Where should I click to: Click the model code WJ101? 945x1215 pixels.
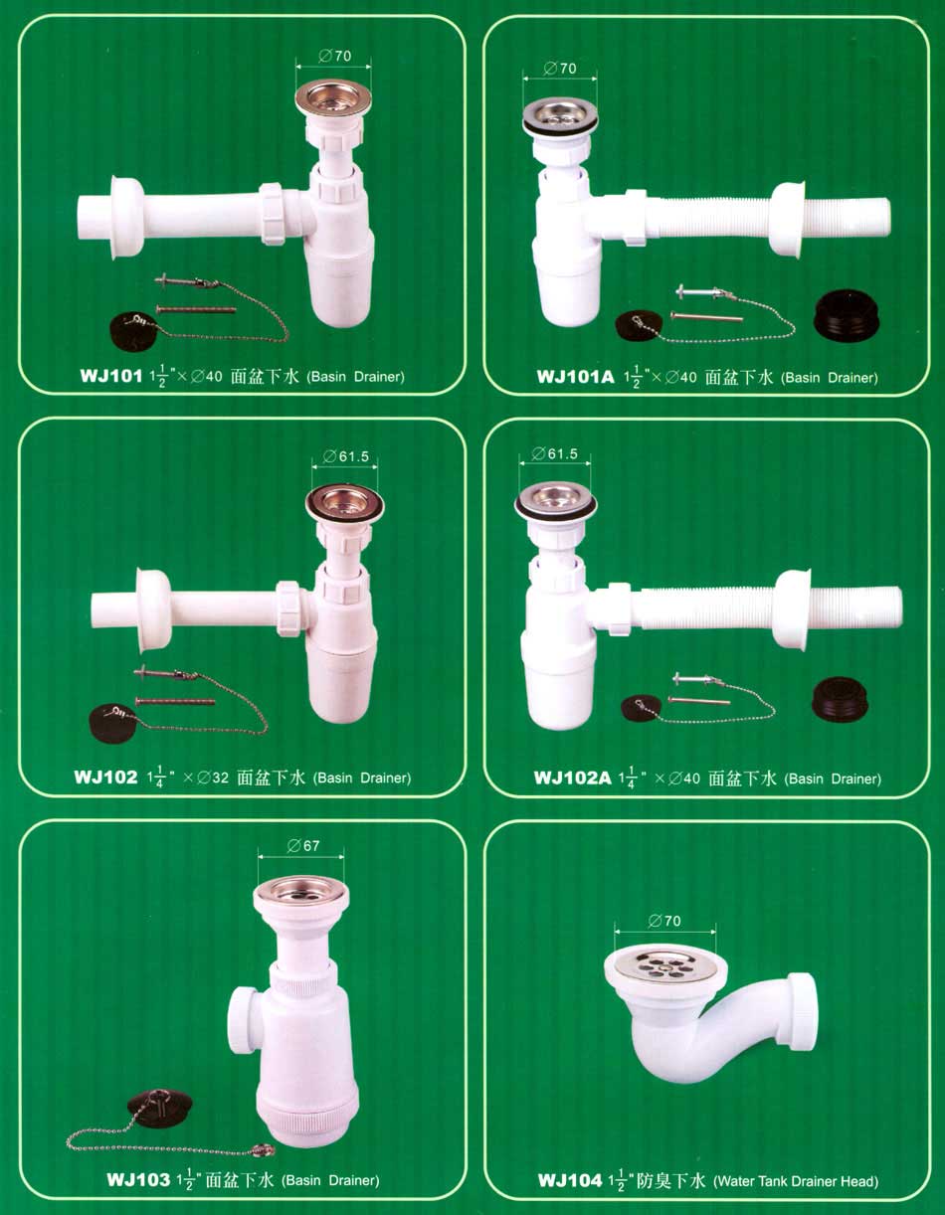tap(111, 375)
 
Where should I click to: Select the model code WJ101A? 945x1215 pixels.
tap(575, 376)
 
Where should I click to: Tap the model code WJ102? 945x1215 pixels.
tap(105, 777)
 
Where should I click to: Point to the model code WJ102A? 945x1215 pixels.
tap(573, 778)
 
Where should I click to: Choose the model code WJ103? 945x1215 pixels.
tap(138, 1180)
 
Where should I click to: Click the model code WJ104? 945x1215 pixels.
tap(570, 1180)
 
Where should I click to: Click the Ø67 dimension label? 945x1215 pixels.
tap(303, 845)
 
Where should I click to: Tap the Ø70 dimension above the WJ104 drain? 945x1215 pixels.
tap(664, 921)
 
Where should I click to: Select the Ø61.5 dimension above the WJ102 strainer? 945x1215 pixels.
tap(346, 456)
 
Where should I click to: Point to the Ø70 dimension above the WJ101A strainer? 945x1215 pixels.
tap(560, 69)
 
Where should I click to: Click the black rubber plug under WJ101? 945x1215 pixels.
tap(132, 331)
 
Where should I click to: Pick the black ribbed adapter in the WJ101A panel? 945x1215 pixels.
tap(847, 314)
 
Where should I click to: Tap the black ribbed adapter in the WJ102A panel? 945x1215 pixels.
tap(841, 699)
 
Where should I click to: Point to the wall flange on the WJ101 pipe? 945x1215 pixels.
tap(127, 218)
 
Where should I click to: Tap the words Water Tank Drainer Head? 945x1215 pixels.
tap(796, 1181)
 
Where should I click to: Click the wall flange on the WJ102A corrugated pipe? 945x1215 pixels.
tap(793, 609)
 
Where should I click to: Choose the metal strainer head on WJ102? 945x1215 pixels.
tap(345, 503)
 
